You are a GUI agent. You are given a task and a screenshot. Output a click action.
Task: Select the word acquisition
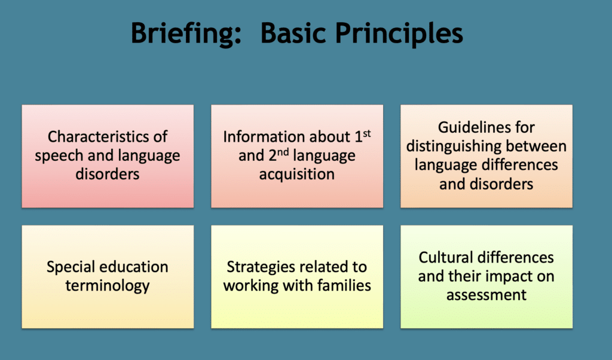point(297,175)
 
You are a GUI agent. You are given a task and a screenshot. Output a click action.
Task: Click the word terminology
point(108,285)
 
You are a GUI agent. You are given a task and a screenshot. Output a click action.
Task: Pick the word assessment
point(486,295)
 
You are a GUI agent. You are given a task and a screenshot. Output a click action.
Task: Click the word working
point(249,285)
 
